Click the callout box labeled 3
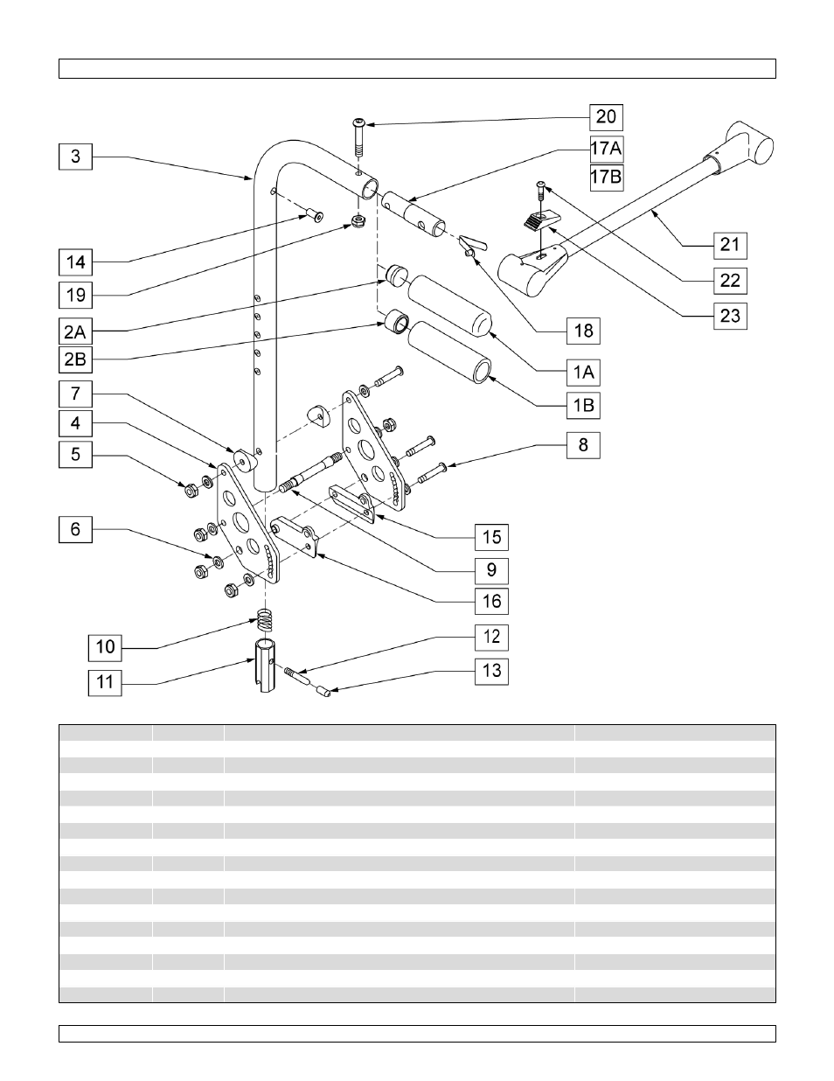click(x=76, y=157)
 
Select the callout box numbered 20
click(x=606, y=116)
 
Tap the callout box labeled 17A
click(x=606, y=148)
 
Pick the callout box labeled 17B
click(x=606, y=178)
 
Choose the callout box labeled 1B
click(x=583, y=406)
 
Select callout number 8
click(x=583, y=445)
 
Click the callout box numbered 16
click(x=492, y=601)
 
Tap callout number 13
click(x=492, y=671)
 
